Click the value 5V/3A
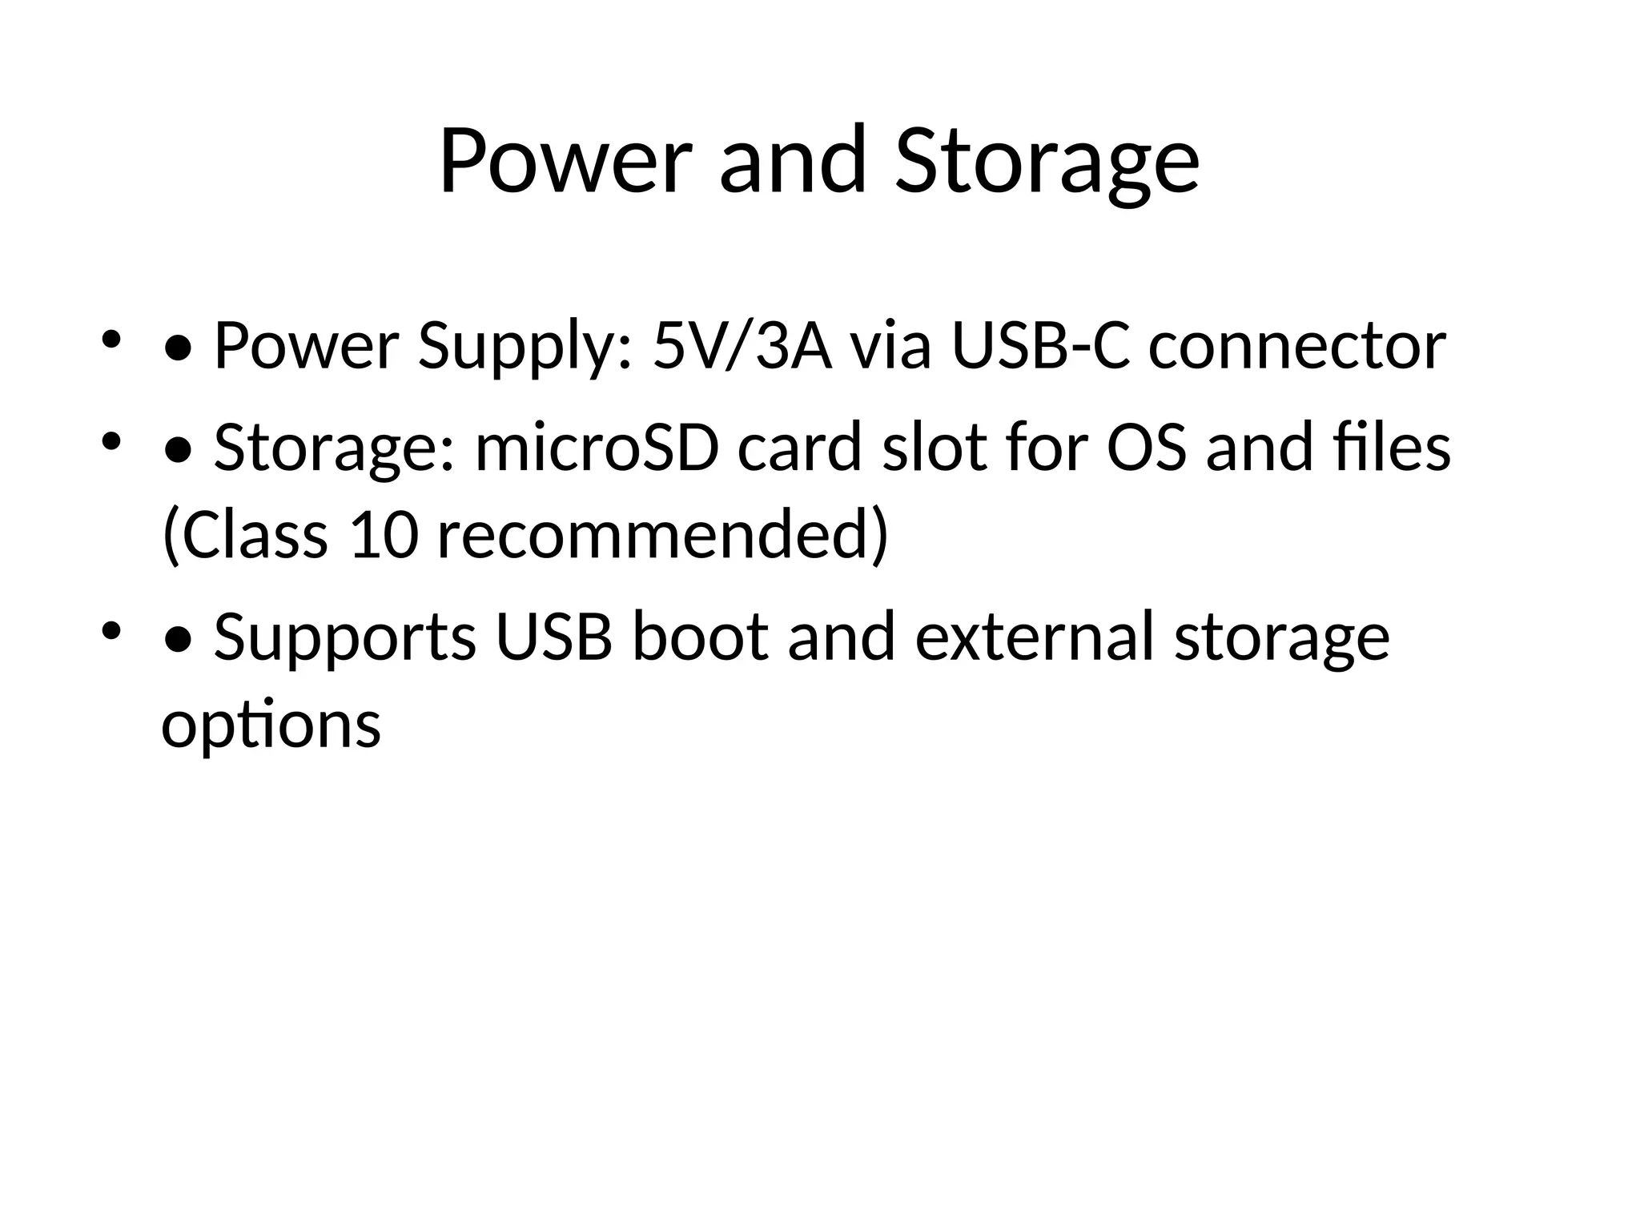coord(742,346)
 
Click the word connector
coord(1297,346)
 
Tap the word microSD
coord(597,448)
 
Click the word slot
coord(934,448)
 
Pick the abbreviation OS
coord(1146,448)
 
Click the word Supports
coord(345,639)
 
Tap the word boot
coord(700,637)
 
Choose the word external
coord(1034,637)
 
